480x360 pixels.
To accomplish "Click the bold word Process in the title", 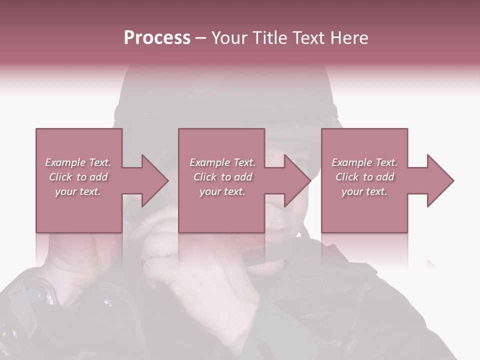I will (x=157, y=38).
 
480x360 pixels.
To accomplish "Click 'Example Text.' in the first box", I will (x=78, y=162).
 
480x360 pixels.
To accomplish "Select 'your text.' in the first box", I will (x=78, y=191).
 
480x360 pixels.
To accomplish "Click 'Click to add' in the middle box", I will (x=222, y=177).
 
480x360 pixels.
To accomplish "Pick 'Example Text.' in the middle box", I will (x=222, y=162).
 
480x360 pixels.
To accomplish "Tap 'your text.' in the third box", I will (x=364, y=191).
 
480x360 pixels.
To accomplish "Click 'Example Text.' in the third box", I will (x=364, y=162).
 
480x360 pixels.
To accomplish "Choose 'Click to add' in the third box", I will (x=364, y=177).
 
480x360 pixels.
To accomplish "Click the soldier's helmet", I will (x=225, y=95).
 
